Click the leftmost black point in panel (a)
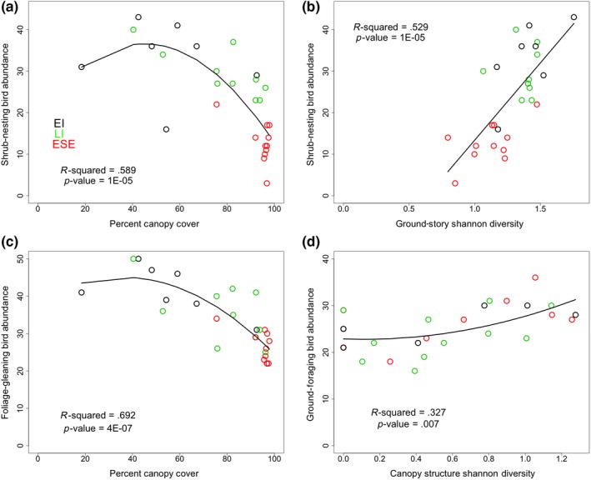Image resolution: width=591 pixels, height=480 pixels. pyautogui.click(x=82, y=67)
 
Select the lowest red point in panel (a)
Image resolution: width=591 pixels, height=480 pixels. pyautogui.click(x=267, y=183)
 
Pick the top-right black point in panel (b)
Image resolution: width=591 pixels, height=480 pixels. pyautogui.click(x=573, y=17)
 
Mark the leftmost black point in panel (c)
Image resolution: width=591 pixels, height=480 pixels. pyautogui.click(x=82, y=292)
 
